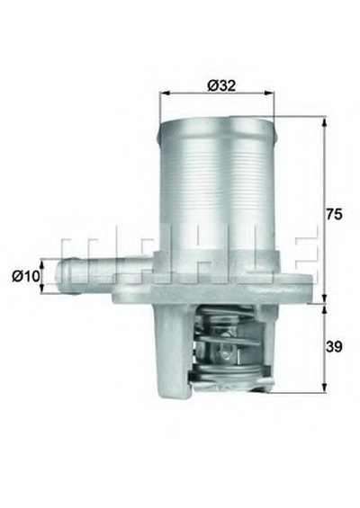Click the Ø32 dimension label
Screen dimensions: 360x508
[221, 85]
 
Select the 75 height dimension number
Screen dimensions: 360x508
[334, 215]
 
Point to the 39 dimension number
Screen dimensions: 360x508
[334, 347]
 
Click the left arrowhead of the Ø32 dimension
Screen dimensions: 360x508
[166, 94]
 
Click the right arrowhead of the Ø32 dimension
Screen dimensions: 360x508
[269, 94]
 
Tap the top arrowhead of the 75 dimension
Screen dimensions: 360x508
[324, 121]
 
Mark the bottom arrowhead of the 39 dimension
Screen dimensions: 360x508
[324, 388]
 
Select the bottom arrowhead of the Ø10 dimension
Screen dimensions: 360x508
[41, 289]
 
